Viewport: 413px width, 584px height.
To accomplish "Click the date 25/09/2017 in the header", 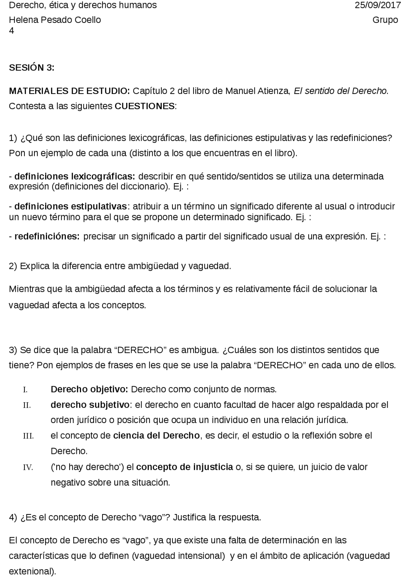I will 378,5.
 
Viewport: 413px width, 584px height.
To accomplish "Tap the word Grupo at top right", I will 385,20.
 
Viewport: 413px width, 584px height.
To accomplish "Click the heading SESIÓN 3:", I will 32,68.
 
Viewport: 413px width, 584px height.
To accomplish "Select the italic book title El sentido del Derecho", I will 341,91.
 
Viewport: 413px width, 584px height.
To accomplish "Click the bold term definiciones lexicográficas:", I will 75,176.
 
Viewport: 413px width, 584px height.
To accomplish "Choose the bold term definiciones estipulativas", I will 71,206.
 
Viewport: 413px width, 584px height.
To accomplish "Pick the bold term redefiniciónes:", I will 47,237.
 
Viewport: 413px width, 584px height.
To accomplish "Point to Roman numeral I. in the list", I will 25,390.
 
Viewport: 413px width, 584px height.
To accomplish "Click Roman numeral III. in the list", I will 28,436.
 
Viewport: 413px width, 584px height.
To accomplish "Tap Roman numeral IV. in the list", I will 28,467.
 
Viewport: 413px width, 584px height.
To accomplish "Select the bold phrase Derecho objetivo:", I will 89,389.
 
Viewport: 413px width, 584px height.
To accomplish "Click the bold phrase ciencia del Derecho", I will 156,436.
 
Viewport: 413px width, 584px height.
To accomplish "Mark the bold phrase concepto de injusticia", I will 184,467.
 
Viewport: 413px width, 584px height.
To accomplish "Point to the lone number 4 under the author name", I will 11,31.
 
